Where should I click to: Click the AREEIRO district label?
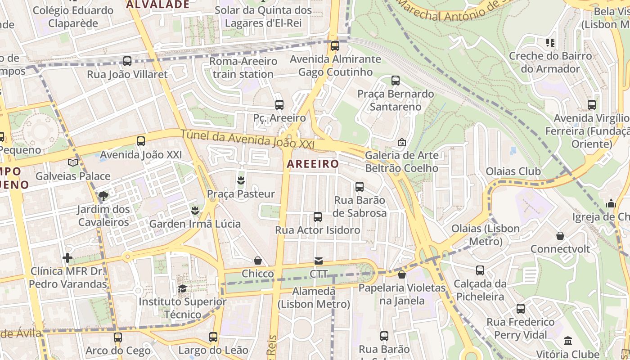click(313, 164)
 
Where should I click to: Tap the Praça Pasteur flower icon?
click(241, 181)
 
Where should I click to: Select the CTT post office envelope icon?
click(319, 261)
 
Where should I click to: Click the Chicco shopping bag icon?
click(258, 261)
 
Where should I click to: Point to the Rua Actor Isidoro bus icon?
click(318, 217)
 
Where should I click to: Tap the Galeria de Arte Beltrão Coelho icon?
click(402, 143)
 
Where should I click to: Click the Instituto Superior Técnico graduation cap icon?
click(182, 288)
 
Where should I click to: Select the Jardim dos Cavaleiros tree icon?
click(103, 196)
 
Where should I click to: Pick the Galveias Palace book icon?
click(73, 163)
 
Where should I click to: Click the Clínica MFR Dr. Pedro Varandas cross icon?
click(67, 258)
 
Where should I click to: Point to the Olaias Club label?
click(513, 171)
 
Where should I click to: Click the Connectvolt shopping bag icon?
click(560, 236)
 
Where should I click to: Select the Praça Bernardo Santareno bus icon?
click(396, 81)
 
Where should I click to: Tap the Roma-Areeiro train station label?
click(243, 67)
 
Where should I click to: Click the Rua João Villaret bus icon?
click(127, 61)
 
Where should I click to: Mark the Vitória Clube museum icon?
click(568, 341)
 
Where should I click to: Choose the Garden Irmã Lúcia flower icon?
click(195, 210)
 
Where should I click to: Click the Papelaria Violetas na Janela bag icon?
click(402, 274)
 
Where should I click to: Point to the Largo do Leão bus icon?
click(213, 337)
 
